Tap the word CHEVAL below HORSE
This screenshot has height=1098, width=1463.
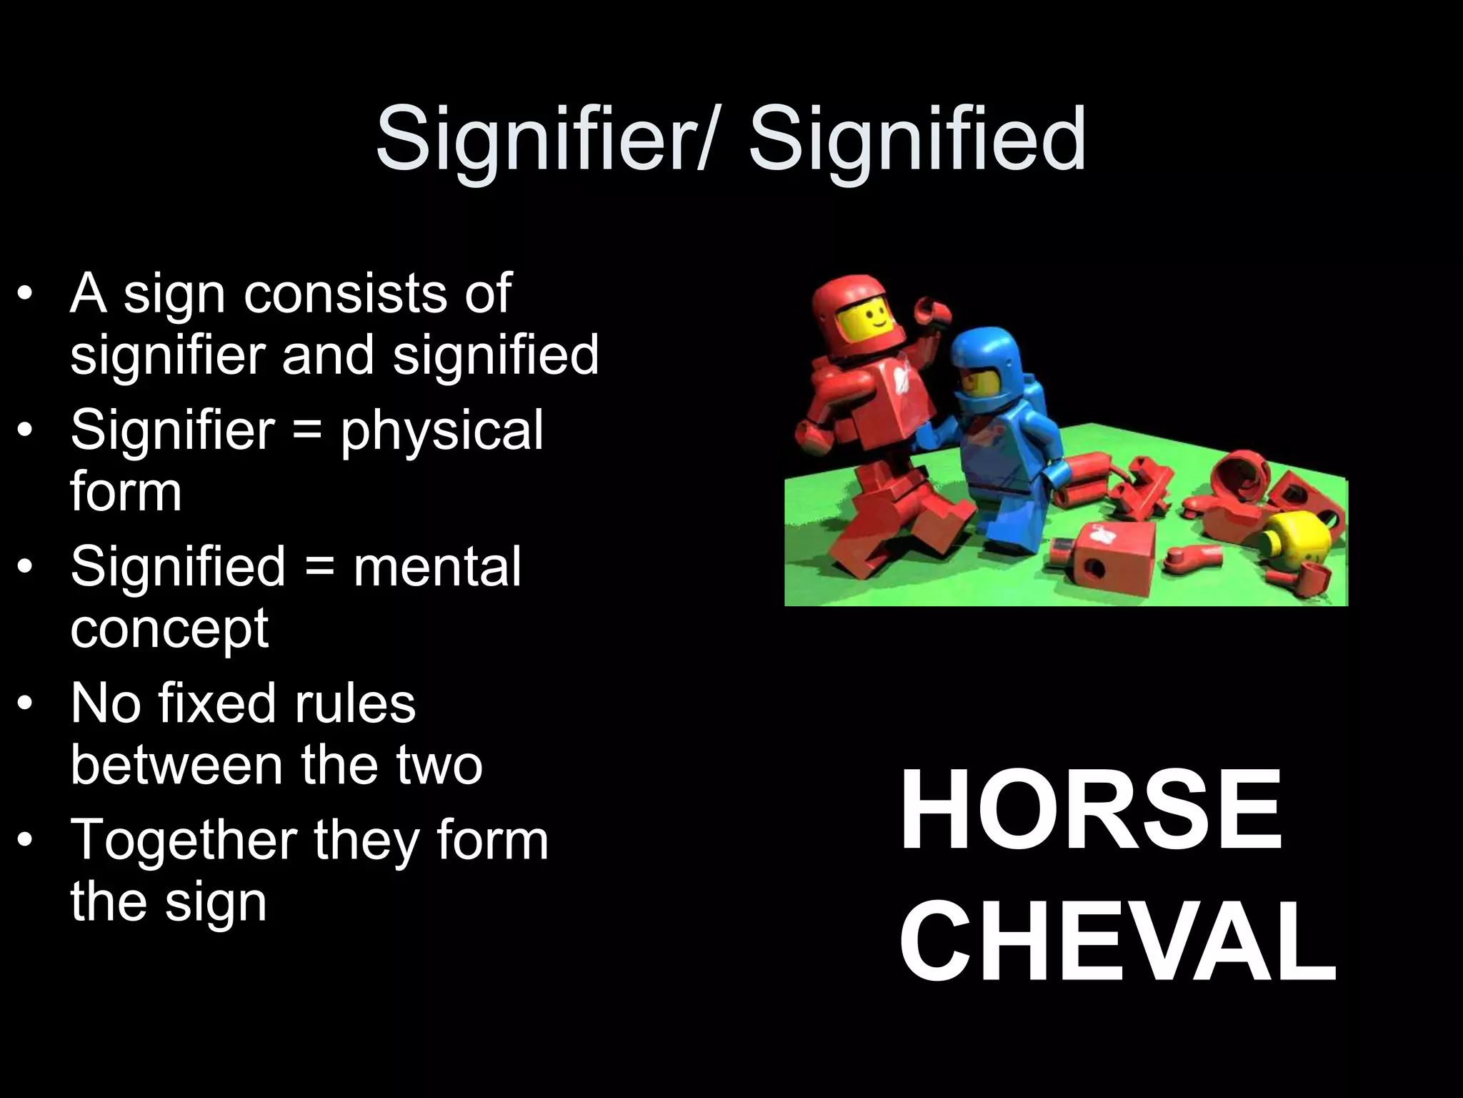tap(1117, 942)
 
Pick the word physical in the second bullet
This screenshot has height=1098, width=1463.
tap(441, 430)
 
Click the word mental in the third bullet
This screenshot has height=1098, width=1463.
tap(437, 566)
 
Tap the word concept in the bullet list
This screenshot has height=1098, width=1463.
tap(169, 629)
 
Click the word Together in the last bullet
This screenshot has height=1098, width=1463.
tap(184, 839)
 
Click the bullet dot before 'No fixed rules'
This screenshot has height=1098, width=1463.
tap(26, 704)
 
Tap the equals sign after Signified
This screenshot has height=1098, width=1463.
tap(319, 568)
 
